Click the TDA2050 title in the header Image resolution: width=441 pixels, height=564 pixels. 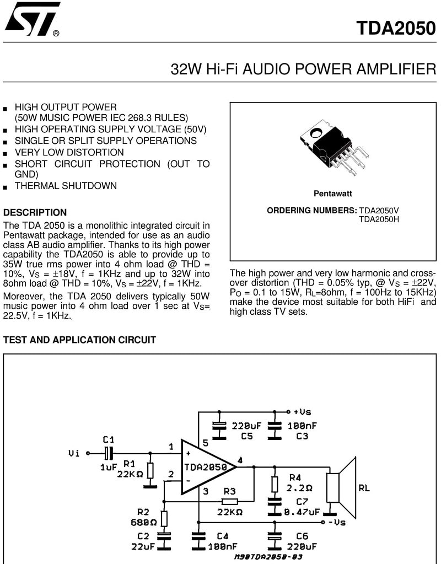pos(396,28)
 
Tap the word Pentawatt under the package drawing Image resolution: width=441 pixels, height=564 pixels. pos(333,194)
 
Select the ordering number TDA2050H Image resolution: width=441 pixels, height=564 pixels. pos(379,219)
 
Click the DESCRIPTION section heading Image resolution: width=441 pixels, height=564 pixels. pos(35,212)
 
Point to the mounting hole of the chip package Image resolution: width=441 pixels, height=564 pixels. pos(318,133)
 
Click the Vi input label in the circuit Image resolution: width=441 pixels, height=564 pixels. pos(74,453)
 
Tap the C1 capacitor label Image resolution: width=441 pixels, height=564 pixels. pos(108,439)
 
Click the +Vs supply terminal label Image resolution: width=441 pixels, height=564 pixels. pos(303,412)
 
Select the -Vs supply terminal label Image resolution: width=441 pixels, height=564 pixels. pos(337,522)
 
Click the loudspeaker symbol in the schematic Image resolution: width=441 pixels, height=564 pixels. pos(341,488)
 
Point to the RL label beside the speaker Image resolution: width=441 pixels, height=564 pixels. pos(364,488)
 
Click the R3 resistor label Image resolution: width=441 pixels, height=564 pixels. pos(229,491)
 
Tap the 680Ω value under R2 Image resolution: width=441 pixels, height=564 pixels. pos(143,522)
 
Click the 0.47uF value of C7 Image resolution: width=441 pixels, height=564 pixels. pos(302,512)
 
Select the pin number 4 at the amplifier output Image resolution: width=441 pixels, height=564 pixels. pos(240,460)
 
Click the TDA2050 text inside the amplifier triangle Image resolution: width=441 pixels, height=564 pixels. pos(206,467)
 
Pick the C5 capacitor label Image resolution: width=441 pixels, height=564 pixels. pos(247,436)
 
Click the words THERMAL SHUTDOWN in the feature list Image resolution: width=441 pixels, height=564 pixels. pos(66,186)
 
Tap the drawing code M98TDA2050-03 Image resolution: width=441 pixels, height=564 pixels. pos(268,557)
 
